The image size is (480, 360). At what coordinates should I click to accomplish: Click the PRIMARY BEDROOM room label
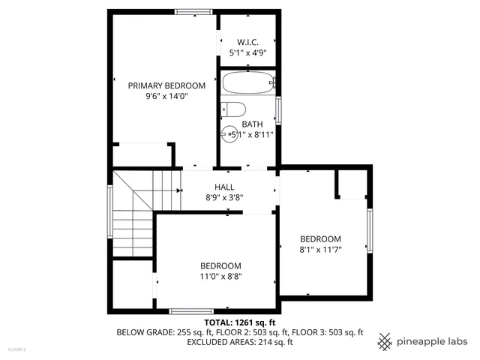click(166, 85)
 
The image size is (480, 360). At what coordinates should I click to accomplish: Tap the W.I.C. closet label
click(247, 42)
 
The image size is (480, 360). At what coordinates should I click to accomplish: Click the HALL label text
click(224, 187)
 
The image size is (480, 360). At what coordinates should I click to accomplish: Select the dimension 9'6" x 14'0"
click(166, 96)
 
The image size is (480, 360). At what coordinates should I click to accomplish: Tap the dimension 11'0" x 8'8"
click(220, 276)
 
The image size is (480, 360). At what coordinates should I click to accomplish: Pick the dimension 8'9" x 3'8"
click(224, 198)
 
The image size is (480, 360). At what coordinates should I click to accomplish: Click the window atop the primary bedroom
click(193, 11)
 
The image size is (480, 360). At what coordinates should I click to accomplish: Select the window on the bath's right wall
click(278, 110)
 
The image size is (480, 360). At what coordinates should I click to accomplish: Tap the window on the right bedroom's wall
click(369, 230)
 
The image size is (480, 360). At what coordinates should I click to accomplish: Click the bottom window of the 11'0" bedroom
click(191, 310)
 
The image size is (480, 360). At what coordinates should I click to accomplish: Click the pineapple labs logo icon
click(385, 341)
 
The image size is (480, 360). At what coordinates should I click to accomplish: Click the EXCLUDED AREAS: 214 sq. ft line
click(240, 342)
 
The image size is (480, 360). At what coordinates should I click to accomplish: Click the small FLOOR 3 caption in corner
click(16, 349)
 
